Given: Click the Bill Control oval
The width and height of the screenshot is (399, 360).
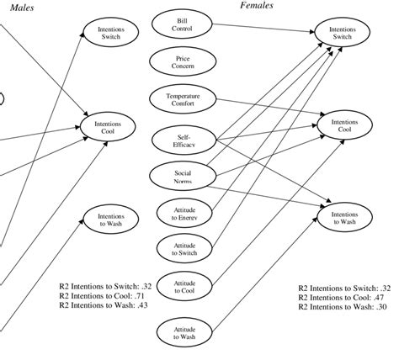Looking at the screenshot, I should [x=182, y=24].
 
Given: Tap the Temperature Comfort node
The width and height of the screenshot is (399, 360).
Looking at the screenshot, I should [x=183, y=99].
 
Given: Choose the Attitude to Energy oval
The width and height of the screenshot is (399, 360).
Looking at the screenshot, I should [x=184, y=212].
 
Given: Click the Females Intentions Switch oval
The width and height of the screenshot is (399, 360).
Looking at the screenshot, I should [x=343, y=33].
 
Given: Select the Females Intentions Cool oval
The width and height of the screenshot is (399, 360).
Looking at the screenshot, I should [x=344, y=125].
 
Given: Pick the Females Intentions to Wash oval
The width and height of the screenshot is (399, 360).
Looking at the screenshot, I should [x=344, y=218].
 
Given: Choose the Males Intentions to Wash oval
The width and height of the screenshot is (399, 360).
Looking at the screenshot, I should [x=109, y=220].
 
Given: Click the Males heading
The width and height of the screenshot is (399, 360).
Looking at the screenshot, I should [x=21, y=8].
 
